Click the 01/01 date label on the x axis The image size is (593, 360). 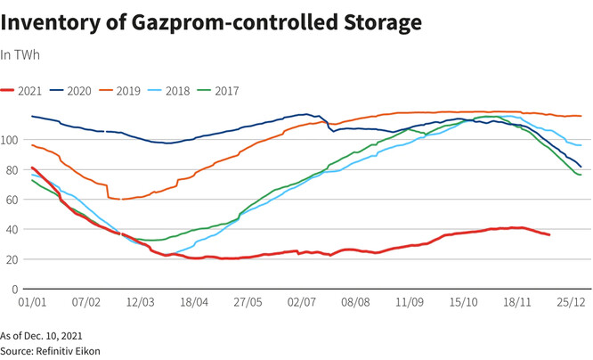(31, 303)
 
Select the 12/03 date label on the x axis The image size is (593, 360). (140, 303)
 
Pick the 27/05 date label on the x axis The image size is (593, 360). (248, 303)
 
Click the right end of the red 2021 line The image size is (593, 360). (549, 234)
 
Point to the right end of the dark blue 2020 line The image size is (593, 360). (581, 167)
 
